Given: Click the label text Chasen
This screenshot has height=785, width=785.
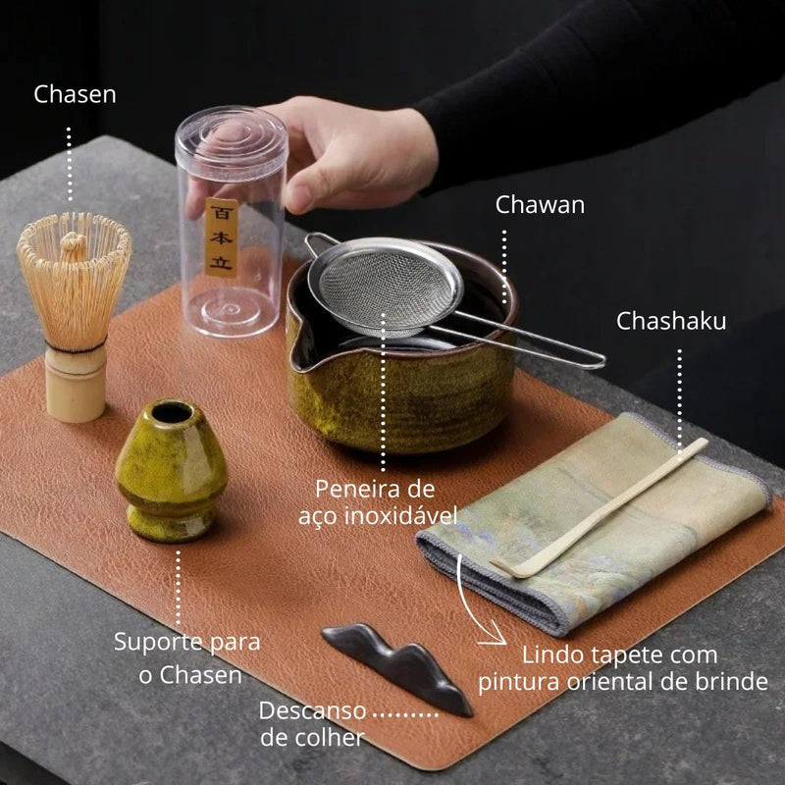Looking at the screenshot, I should pyautogui.click(x=75, y=95).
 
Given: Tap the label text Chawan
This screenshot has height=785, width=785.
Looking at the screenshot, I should pyautogui.click(x=540, y=205).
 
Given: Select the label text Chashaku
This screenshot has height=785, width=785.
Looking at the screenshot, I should pyautogui.click(x=671, y=322).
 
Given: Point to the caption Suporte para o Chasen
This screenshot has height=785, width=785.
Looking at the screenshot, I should pyautogui.click(x=187, y=658).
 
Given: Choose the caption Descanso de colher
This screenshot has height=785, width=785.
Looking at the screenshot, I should pyautogui.click(x=312, y=723).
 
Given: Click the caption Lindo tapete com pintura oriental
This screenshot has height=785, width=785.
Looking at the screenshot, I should pyautogui.click(x=622, y=668).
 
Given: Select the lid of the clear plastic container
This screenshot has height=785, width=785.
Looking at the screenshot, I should pyautogui.click(x=231, y=137).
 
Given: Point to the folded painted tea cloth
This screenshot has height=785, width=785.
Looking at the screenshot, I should pyautogui.click(x=589, y=530).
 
